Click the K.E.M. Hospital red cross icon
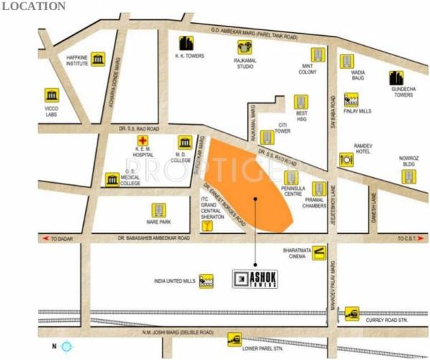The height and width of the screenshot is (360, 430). [x=143, y=140]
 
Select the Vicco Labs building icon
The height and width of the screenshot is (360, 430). [x=52, y=95]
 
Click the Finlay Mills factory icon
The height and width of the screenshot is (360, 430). [x=351, y=99]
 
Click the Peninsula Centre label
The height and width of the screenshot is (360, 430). [x=292, y=193]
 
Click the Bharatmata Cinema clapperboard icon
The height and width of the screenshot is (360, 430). [x=320, y=252]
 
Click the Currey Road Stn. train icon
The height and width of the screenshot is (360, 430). [x=351, y=313]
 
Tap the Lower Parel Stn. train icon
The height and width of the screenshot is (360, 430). [x=234, y=338]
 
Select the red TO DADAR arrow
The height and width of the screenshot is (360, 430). [x=48, y=238]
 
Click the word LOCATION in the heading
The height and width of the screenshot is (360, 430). [x=33, y=6]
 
